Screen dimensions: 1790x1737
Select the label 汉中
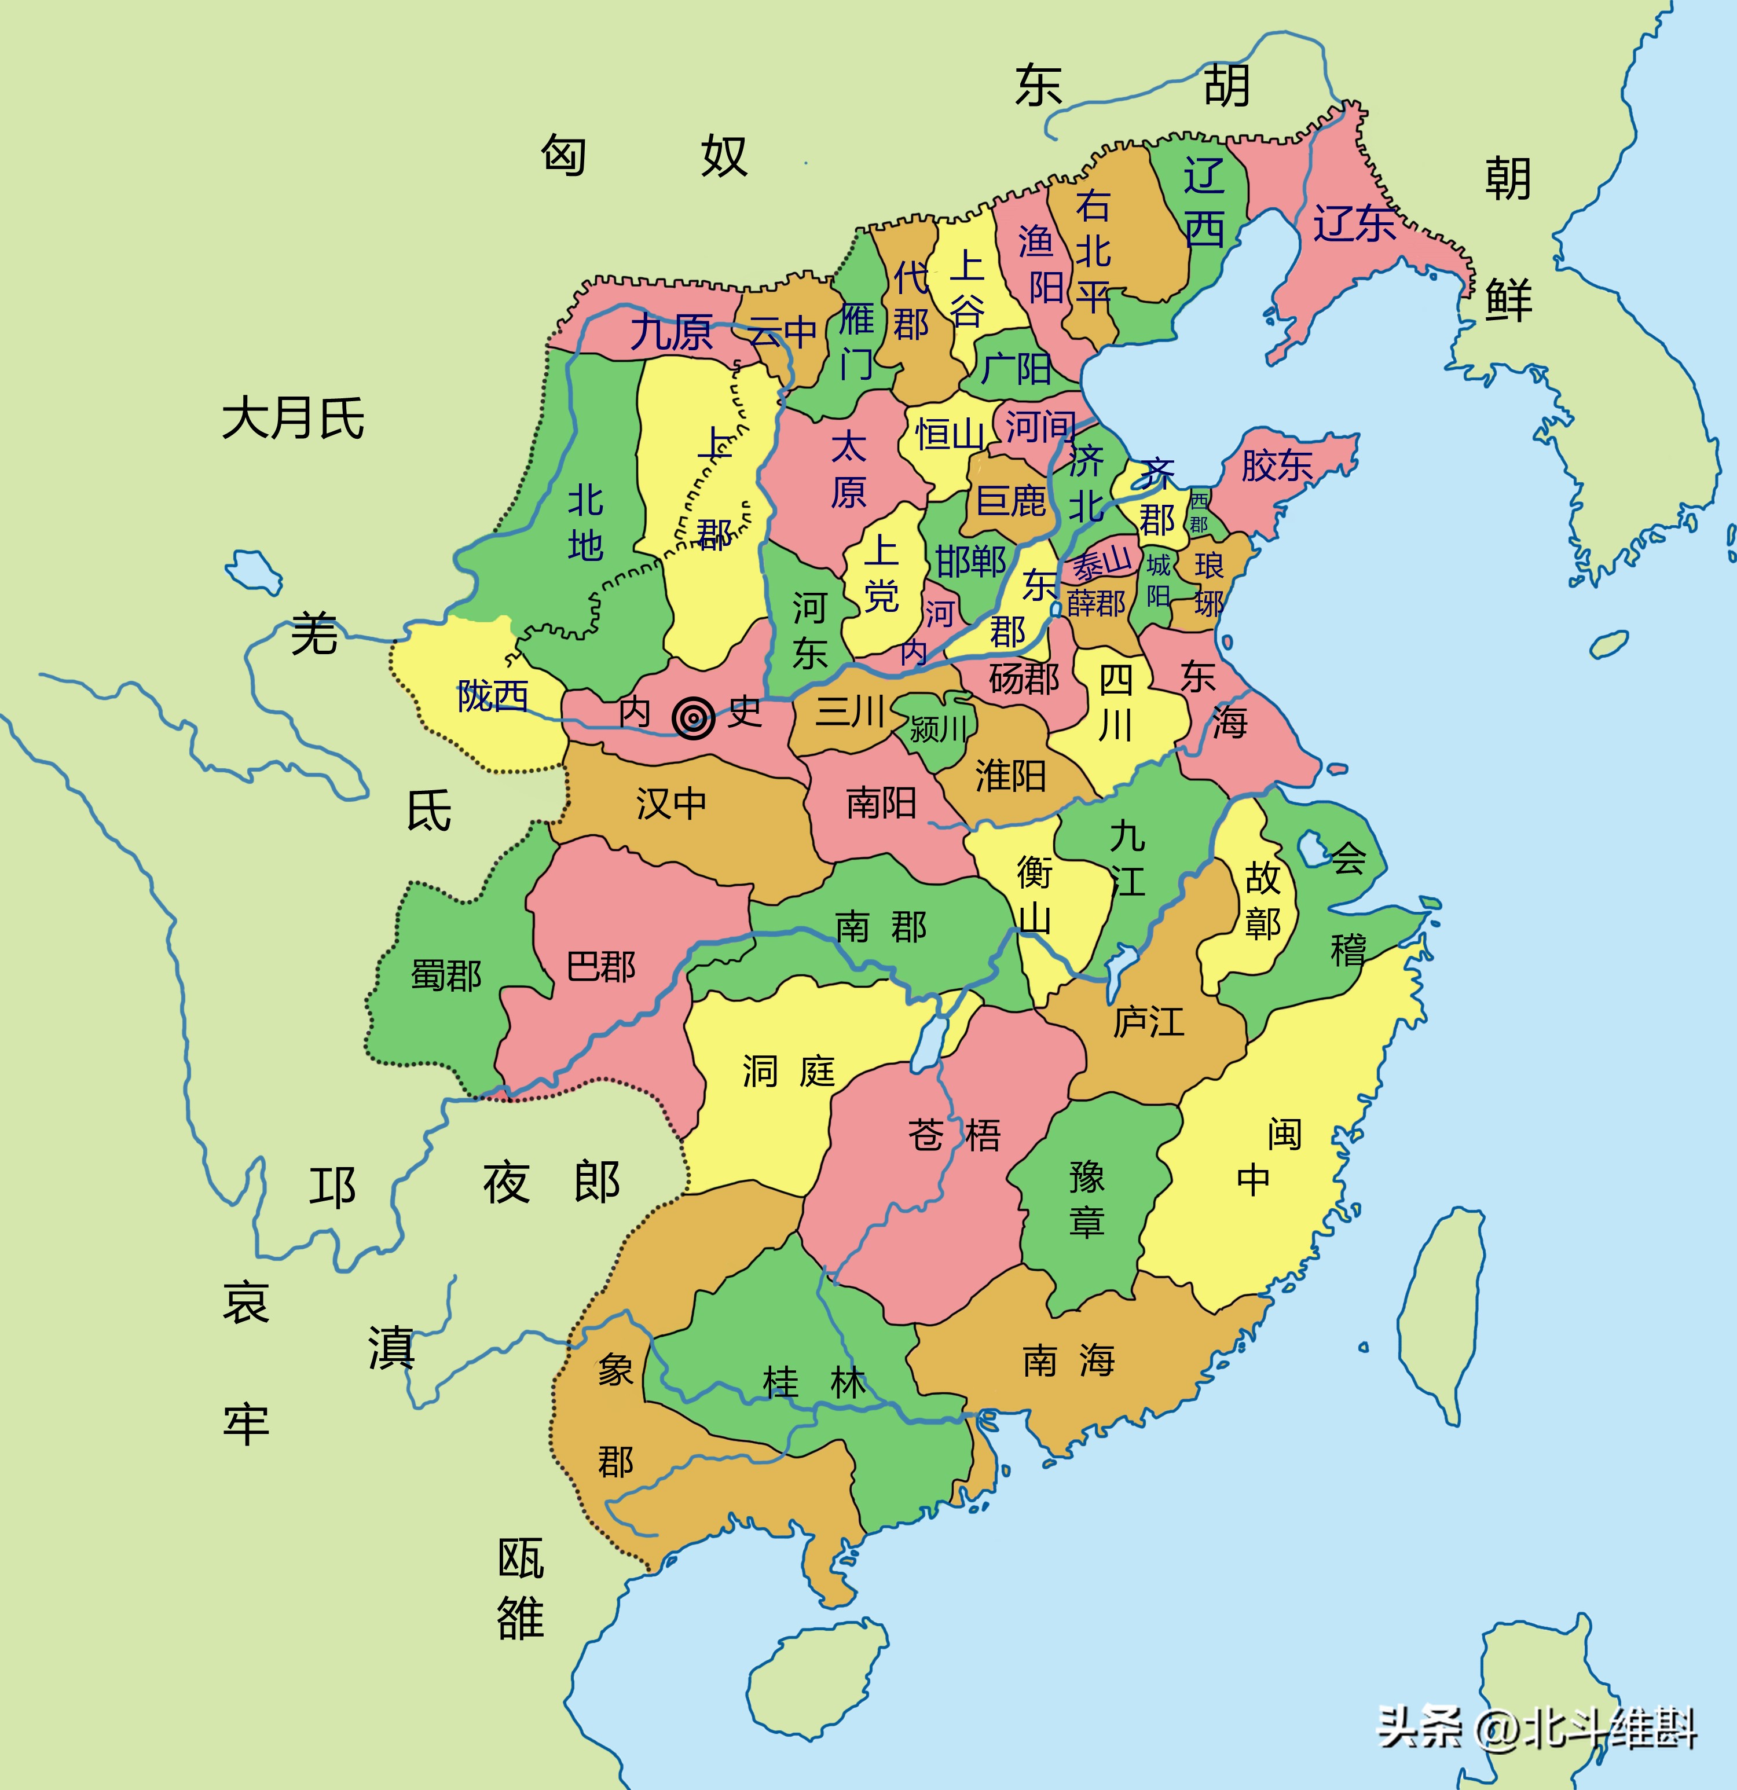tap(671, 804)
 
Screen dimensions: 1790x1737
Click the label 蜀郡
tap(446, 975)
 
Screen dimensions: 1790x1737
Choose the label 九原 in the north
tap(671, 332)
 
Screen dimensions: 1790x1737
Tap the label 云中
tap(783, 332)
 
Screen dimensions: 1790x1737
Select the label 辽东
tap(1354, 223)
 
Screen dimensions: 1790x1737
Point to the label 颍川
tap(939, 728)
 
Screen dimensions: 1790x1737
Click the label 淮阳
tap(1010, 776)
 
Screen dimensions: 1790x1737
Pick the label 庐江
tap(1148, 1022)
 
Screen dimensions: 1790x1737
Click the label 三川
tap(849, 710)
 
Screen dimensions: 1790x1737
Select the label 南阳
tap(881, 803)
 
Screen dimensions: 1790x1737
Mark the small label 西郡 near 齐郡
tap(1199, 511)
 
